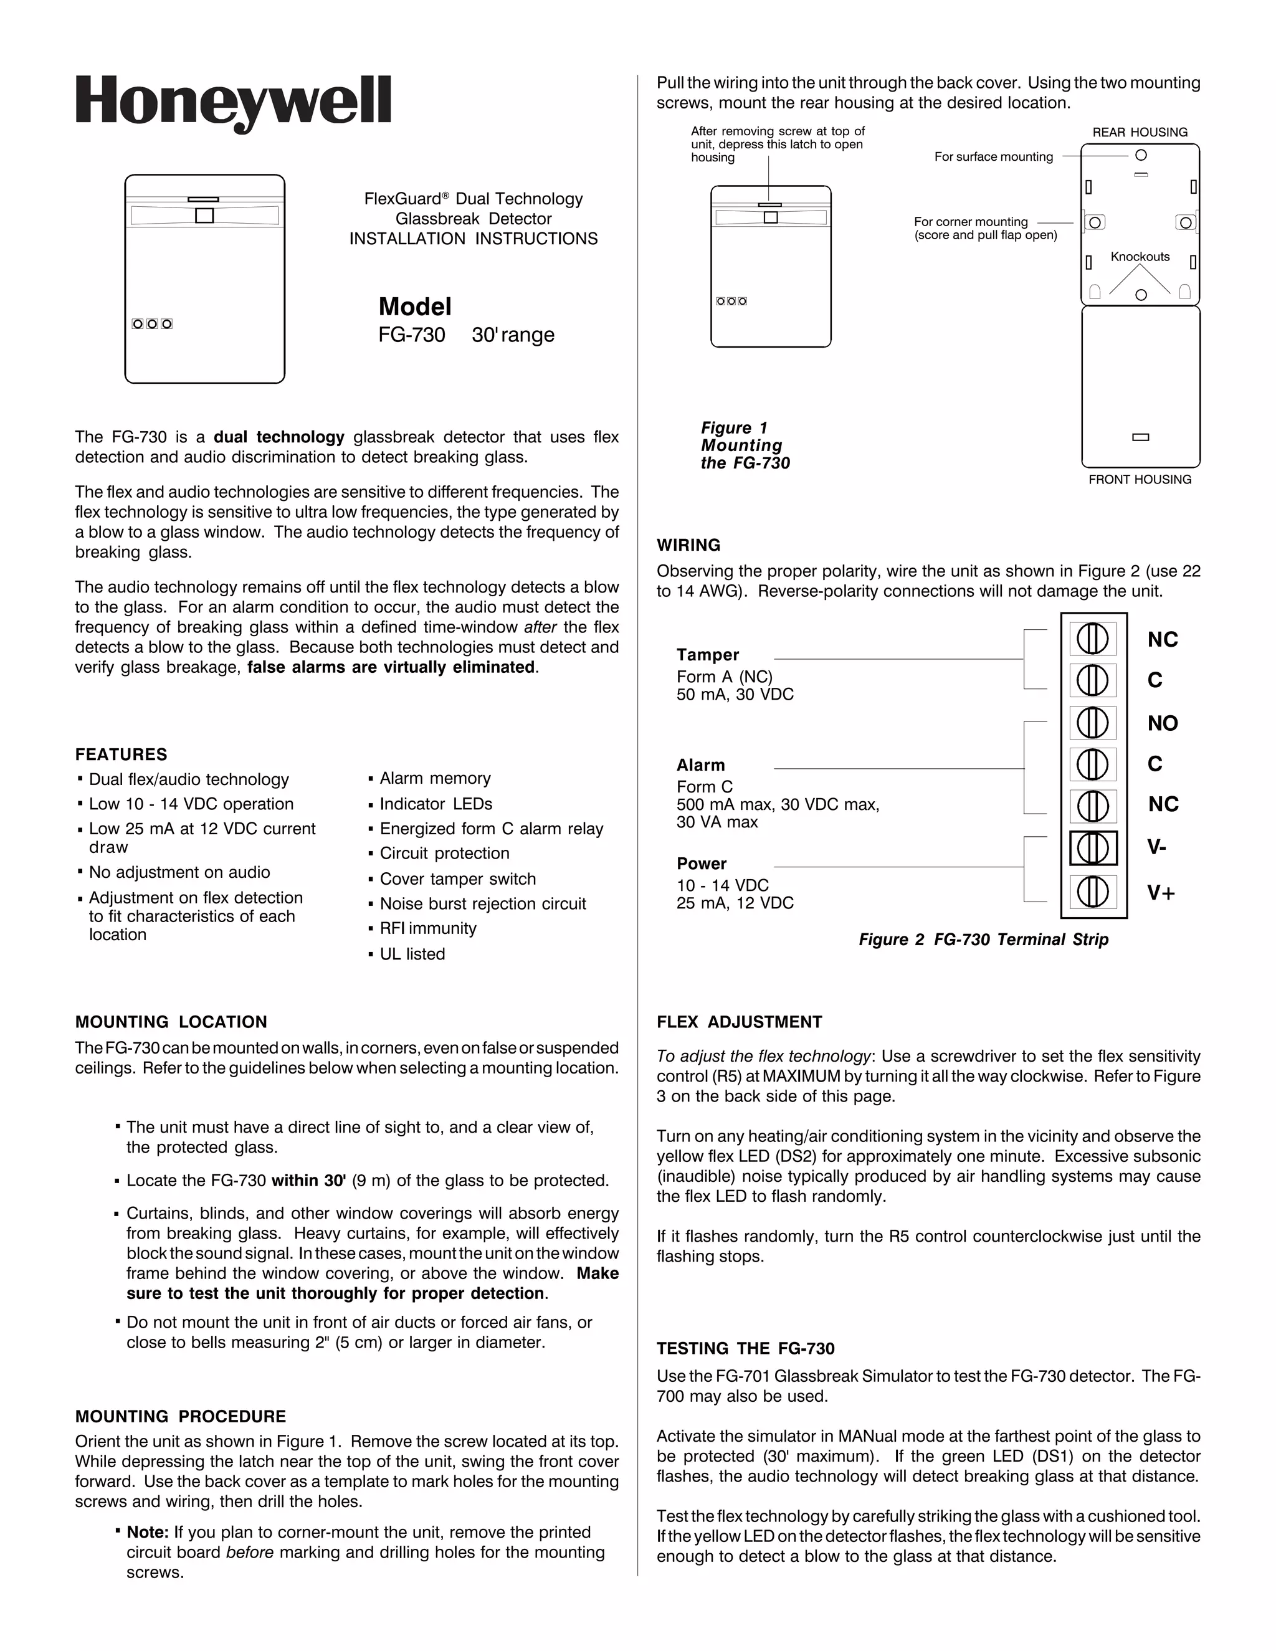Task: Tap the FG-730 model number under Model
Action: coord(411,335)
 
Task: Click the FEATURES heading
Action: coord(121,754)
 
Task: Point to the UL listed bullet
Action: coord(412,954)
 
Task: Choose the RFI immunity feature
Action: coord(428,928)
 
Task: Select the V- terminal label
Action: coord(1156,847)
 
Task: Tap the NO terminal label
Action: coord(1163,723)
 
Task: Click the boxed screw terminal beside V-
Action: coord(1093,847)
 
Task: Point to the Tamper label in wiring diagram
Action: coord(708,655)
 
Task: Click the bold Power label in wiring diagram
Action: coord(702,864)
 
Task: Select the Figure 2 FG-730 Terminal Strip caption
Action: coord(983,940)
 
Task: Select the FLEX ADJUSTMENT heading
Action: coord(740,1022)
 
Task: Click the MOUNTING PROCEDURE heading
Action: coord(181,1417)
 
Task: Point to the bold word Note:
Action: coord(148,1533)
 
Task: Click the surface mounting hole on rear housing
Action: coord(1141,155)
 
